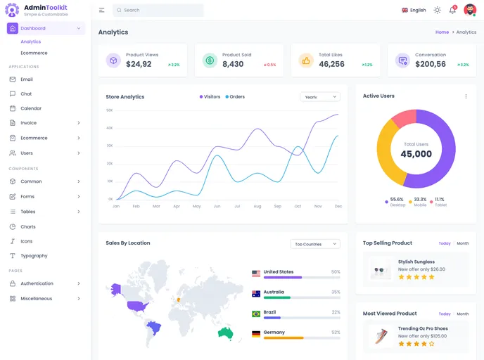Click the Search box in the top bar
point(158,11)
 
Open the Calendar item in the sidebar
point(31,108)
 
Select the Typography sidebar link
point(34,256)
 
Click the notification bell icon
point(452,11)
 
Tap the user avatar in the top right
point(470,10)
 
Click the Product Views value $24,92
point(139,64)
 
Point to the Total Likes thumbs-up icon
point(306,60)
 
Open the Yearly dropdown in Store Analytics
point(319,97)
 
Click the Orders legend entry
point(235,97)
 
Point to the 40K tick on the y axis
point(109,128)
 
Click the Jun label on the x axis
point(217,206)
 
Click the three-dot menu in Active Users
point(466,96)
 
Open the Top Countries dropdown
point(314,244)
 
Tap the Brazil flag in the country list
point(256,314)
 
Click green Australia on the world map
point(225,332)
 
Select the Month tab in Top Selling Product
point(462,243)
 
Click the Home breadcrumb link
point(442,32)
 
